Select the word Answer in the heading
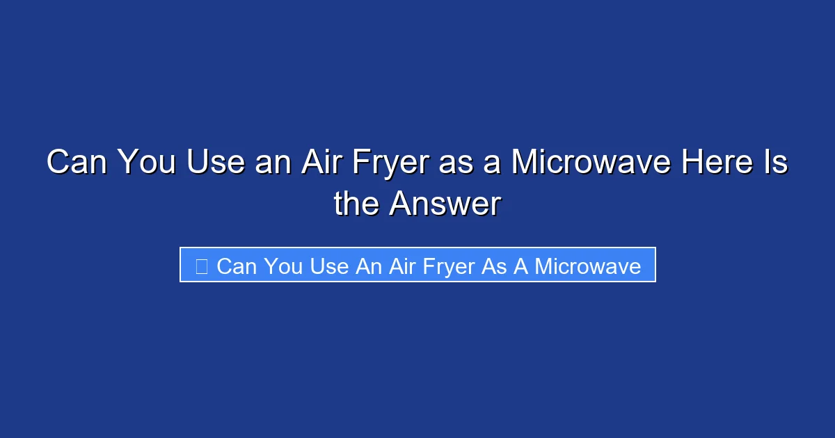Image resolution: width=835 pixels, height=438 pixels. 445,204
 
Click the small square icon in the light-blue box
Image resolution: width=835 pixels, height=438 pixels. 202,266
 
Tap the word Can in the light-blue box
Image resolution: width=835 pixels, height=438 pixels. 237,266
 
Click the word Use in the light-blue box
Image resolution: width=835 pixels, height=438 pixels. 328,266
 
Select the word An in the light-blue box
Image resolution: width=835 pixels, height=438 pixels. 369,266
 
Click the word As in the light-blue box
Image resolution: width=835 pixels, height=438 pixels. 495,266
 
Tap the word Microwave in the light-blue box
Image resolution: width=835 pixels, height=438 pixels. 587,266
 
